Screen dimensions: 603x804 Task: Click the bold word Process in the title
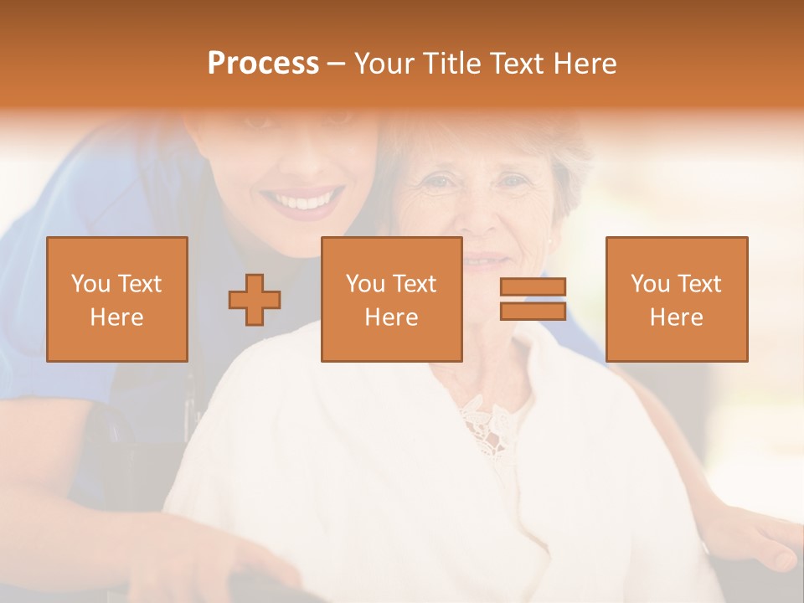point(263,64)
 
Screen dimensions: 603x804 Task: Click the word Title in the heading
point(454,64)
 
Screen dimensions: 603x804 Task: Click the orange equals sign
point(533,299)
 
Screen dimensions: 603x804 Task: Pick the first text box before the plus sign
point(117,299)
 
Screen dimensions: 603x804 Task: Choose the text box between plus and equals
point(391,299)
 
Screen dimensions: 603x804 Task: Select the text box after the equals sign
point(676,299)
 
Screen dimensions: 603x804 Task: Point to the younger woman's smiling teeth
point(301,202)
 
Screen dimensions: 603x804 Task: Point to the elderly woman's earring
point(550,244)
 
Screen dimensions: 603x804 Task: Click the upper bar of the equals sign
point(533,287)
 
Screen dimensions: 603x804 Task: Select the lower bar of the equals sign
point(533,311)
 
